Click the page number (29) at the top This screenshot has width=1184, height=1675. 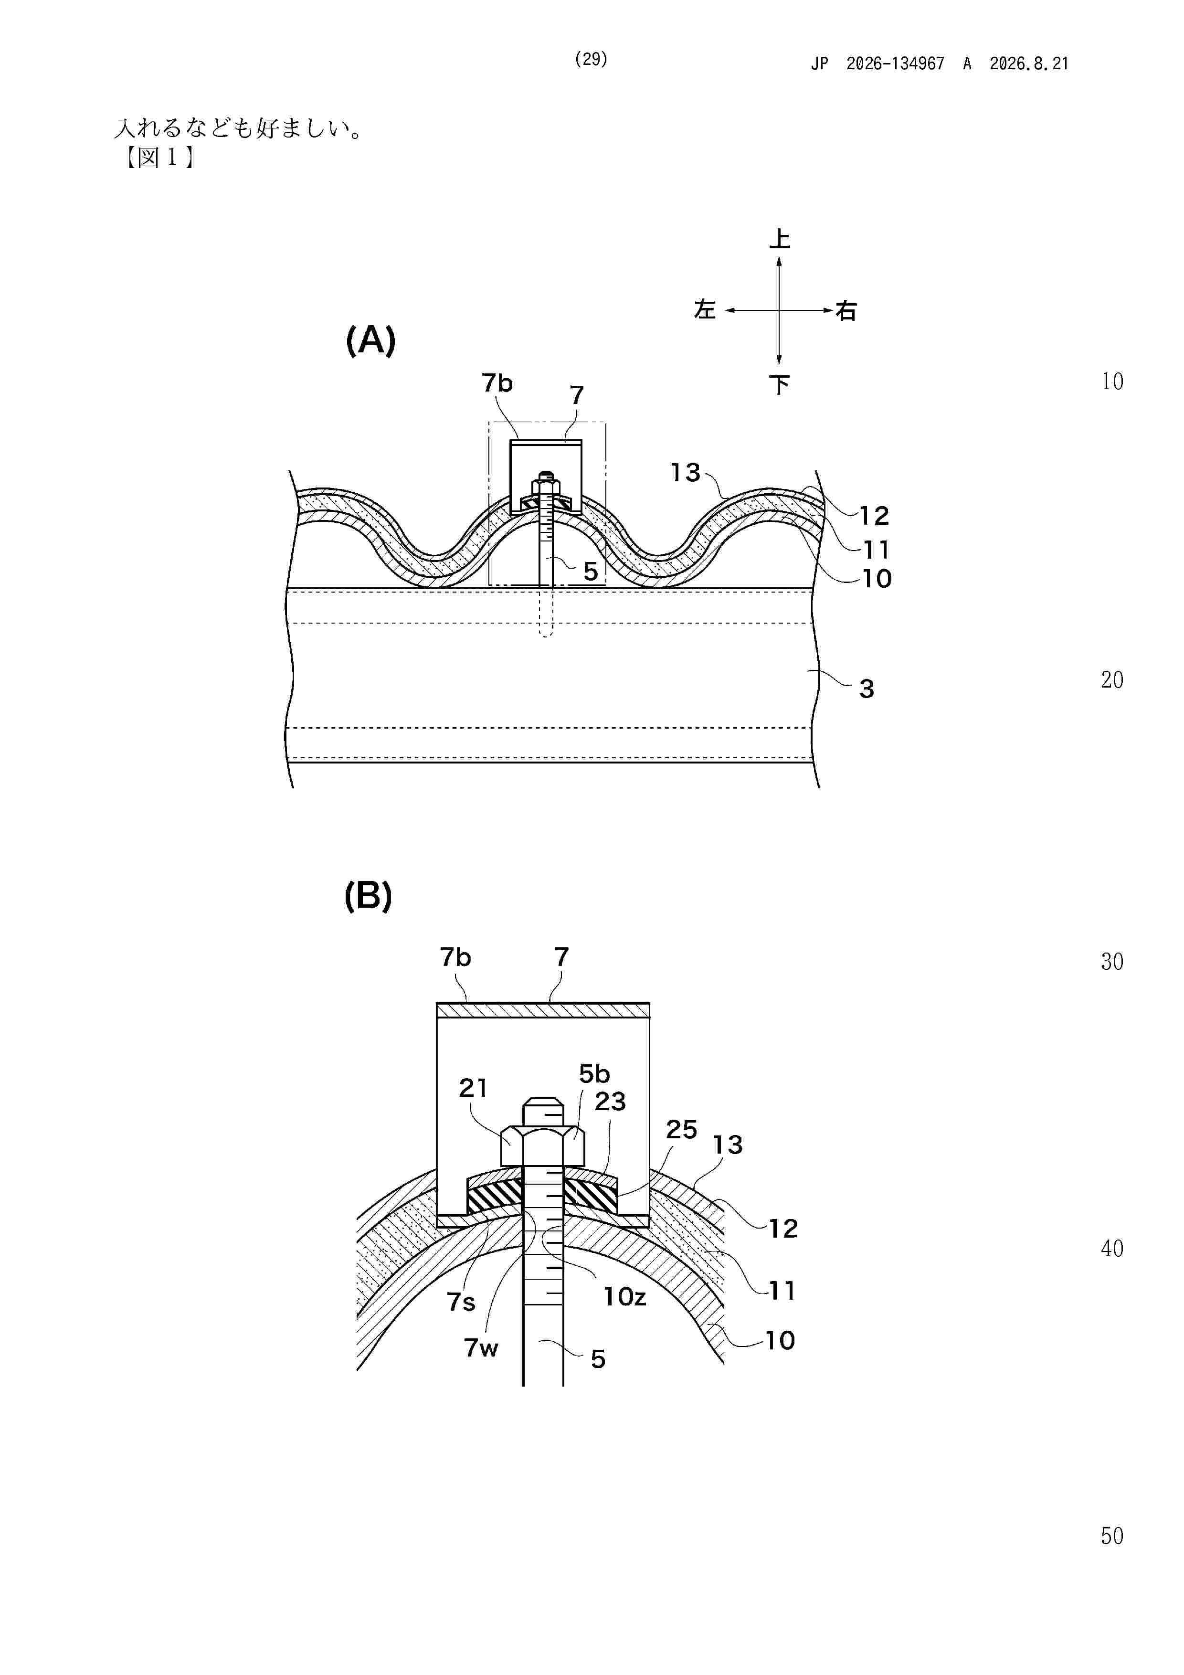tap(591, 59)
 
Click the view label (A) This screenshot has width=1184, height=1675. tap(370, 340)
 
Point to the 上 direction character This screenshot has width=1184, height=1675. tap(779, 239)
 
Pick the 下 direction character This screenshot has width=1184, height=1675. tap(779, 384)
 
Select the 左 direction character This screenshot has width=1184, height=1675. tap(705, 310)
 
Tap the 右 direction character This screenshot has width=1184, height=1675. tap(846, 311)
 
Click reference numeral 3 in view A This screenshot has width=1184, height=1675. tap(867, 689)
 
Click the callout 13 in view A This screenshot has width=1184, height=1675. tap(686, 473)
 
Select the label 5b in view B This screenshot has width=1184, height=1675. tap(594, 1074)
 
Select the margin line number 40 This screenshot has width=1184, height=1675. tap(1112, 1248)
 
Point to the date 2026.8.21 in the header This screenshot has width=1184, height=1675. tap(1029, 64)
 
